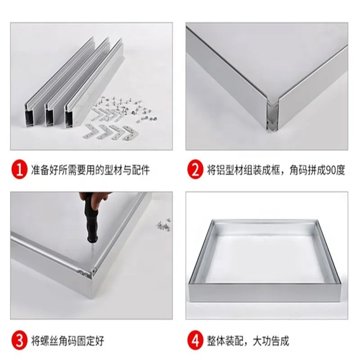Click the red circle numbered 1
point(19,170)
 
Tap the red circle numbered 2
point(195,170)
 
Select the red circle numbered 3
point(19,341)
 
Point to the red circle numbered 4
point(195,341)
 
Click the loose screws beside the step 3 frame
point(164,225)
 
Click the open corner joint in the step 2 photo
point(273,115)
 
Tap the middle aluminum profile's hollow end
point(49,117)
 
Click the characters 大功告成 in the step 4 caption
point(271,341)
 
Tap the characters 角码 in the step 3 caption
point(68,341)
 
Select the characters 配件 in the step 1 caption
point(140,171)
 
